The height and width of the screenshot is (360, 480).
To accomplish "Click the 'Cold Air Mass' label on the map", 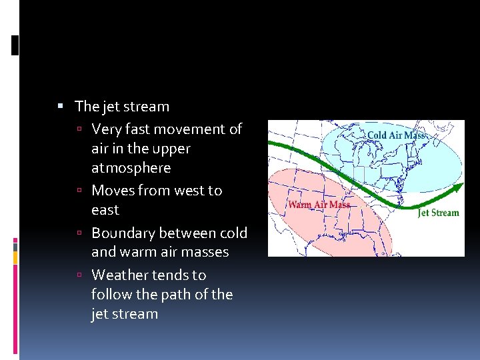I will [x=396, y=135].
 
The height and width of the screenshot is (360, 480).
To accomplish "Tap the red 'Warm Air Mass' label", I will [x=319, y=205].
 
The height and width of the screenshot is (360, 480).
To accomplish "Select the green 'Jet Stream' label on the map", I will [x=438, y=213].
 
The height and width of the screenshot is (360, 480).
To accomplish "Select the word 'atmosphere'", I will [x=131, y=167].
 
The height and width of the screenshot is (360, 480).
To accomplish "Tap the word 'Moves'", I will [x=112, y=191].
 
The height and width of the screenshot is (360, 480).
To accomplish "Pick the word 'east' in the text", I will [x=105, y=210].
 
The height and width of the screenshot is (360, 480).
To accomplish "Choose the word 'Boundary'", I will [x=122, y=233].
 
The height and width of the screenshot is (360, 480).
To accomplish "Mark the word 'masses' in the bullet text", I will [x=206, y=252].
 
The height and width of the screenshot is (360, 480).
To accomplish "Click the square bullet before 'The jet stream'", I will [x=60, y=105].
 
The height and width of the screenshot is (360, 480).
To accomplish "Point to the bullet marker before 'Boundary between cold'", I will [x=79, y=233].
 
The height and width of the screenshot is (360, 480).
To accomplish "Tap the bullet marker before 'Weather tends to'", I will [x=79, y=275].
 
